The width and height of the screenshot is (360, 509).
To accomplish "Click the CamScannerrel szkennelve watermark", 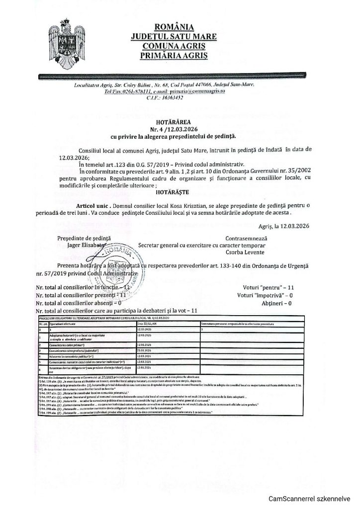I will (310, 499).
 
